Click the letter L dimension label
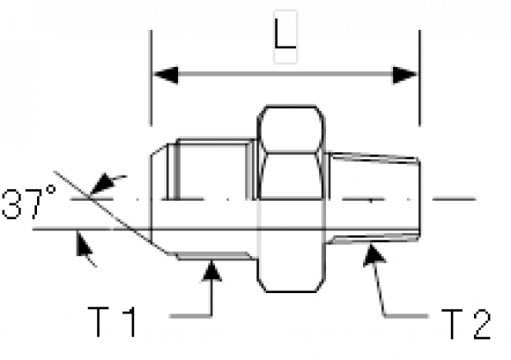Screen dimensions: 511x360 pyautogui.click(x=285, y=34)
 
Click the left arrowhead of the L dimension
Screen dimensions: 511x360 pyautogui.click(x=166, y=75)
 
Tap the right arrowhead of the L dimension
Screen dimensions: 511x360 pyautogui.click(x=405, y=75)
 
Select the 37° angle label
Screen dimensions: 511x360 pyautogui.click(x=29, y=202)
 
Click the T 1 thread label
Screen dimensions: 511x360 pyautogui.click(x=112, y=322)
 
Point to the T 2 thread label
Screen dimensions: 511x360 pyautogui.click(x=466, y=324)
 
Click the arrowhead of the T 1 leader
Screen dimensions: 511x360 pyautogui.click(x=211, y=270)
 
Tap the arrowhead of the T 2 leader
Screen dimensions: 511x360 pyautogui.click(x=374, y=254)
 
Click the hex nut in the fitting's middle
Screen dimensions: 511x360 pyautogui.click(x=292, y=199)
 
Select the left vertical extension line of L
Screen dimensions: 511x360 pyautogui.click(x=151, y=78)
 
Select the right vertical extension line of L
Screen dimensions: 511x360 pyautogui.click(x=419, y=78)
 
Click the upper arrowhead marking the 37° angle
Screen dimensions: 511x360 pyautogui.click(x=104, y=184)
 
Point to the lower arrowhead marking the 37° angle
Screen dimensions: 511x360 pyautogui.click(x=83, y=244)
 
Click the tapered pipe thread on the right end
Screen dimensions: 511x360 pyautogui.click(x=374, y=198)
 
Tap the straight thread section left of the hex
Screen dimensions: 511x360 pyautogui.click(x=211, y=199)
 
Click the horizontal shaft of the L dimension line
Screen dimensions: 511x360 pyautogui.click(x=285, y=75)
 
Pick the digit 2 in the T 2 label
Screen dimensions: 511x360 pyautogui.click(x=481, y=324)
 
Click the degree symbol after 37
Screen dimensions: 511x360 pyautogui.click(x=50, y=191)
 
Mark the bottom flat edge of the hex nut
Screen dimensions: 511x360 pyautogui.click(x=291, y=291)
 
